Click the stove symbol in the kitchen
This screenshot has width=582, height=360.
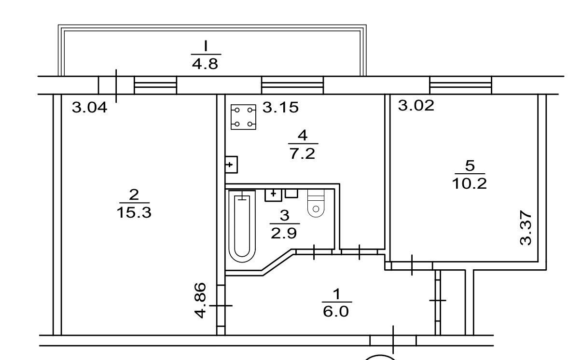tap(243, 117)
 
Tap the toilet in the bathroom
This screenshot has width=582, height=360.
tap(316, 203)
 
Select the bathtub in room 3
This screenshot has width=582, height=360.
tap(242, 226)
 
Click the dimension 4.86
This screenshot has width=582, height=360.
tap(201, 301)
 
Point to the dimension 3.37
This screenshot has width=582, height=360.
tap(526, 228)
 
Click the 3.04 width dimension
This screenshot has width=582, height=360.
tap(89, 107)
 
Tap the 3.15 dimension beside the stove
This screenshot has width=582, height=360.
tap(280, 107)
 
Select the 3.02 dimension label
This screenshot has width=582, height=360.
tap(416, 106)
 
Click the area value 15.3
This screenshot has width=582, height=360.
tap(134, 212)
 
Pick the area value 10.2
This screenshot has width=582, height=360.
tap(469, 183)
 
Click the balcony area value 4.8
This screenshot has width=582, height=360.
tap(205, 64)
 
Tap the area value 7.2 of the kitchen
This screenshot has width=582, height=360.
tap(302, 153)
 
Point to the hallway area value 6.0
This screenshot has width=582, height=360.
tap(336, 311)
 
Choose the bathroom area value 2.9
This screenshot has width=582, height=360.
tap(283, 233)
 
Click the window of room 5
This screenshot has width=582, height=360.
tap(461, 85)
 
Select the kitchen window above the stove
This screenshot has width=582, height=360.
tap(292, 85)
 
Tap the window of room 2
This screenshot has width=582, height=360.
tap(155, 85)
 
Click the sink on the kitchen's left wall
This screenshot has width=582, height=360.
tap(231, 165)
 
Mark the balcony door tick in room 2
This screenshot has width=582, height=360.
tap(116, 86)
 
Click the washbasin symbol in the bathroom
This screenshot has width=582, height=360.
tap(273, 195)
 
